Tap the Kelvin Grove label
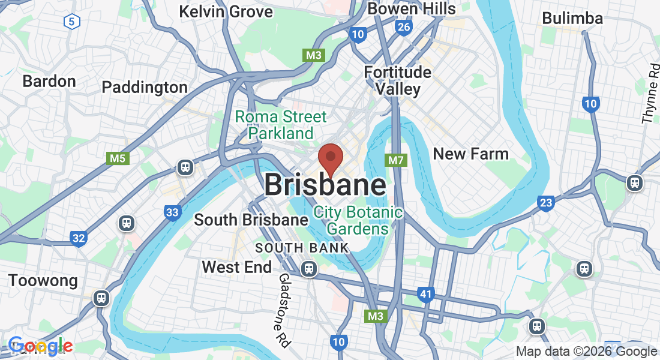click(226, 11)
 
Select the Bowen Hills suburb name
click(412, 8)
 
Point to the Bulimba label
click(572, 18)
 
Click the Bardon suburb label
click(49, 81)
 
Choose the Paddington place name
click(145, 87)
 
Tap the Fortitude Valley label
click(398, 80)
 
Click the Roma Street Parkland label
click(281, 124)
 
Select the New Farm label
click(470, 154)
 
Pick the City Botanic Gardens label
click(358, 220)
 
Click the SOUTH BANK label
click(302, 248)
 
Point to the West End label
click(236, 267)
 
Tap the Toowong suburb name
click(43, 280)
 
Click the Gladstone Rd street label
click(283, 310)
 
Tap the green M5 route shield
click(118, 158)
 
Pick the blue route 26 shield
click(403, 27)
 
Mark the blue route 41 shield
click(425, 294)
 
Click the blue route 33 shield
click(172, 212)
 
